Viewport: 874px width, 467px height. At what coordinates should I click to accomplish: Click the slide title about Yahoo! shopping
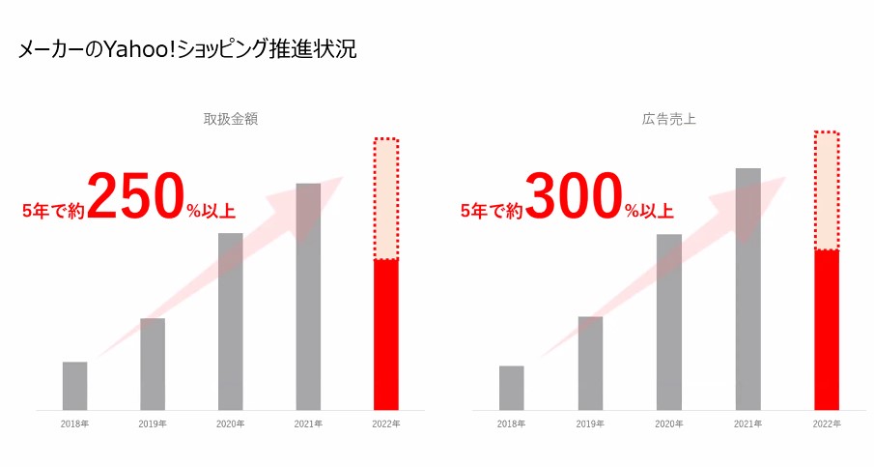click(x=187, y=49)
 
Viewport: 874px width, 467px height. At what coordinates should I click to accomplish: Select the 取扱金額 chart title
click(x=230, y=120)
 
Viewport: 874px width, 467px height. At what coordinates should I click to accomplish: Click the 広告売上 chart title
click(x=668, y=120)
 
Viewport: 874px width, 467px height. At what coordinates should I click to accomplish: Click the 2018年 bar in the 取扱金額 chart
click(x=74, y=386)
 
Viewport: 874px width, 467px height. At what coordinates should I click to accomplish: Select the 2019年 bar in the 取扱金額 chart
click(x=153, y=364)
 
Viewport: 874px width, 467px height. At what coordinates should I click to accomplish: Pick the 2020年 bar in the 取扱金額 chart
click(x=230, y=321)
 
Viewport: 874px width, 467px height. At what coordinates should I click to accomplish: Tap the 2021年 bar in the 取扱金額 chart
click(x=308, y=296)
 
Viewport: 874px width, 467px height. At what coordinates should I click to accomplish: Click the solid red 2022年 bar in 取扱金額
click(x=386, y=335)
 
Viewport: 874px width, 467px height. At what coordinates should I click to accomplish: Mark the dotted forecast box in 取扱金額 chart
click(x=386, y=199)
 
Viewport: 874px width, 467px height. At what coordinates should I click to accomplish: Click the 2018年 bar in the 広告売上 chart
click(x=512, y=388)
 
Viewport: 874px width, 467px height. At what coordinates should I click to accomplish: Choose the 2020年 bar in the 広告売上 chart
click(x=668, y=322)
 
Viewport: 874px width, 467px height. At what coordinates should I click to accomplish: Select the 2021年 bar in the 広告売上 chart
click(x=747, y=289)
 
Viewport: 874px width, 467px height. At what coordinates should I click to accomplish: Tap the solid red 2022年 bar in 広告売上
click(x=827, y=330)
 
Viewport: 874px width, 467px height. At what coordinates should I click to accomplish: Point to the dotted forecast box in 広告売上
click(x=827, y=190)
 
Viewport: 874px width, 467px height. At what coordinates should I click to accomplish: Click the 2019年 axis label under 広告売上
click(x=590, y=424)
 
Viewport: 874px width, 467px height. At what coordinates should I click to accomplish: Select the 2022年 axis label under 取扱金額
click(x=386, y=424)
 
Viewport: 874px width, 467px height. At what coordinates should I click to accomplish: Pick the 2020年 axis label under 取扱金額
click(x=230, y=424)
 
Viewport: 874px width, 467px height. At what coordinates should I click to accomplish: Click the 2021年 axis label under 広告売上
click(x=747, y=424)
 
